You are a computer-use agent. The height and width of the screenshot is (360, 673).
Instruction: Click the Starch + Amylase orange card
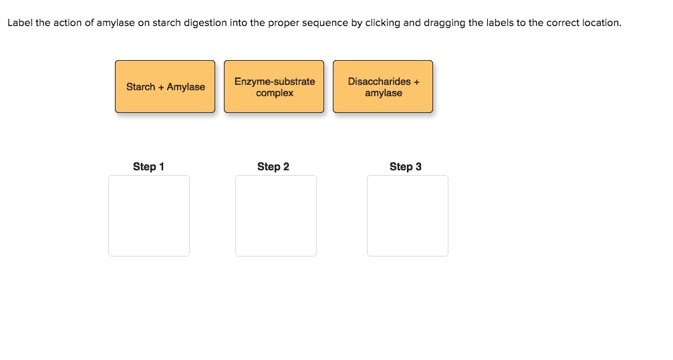pos(165,87)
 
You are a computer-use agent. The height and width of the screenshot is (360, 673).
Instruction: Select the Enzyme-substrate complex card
pos(274,87)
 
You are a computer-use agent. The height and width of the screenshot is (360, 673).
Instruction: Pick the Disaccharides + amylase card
pos(383,87)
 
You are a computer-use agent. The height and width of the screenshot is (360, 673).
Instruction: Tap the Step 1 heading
pos(148,166)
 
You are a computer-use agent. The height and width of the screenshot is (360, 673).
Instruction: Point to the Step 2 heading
pos(273,166)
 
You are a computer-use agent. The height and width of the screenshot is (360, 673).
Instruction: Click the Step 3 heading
pos(406,166)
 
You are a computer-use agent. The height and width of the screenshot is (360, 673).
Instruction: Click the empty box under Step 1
pos(149,216)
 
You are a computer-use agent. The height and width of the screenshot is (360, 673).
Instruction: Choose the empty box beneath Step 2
pos(276,216)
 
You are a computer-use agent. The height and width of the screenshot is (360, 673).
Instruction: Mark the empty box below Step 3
pos(408,216)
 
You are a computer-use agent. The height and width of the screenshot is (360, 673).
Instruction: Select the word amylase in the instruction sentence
pos(116,23)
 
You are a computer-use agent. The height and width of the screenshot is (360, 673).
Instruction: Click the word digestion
pos(205,23)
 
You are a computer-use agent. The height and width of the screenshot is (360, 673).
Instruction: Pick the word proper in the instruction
pos(283,23)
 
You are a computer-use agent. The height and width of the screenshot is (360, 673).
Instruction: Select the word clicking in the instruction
pos(382,23)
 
